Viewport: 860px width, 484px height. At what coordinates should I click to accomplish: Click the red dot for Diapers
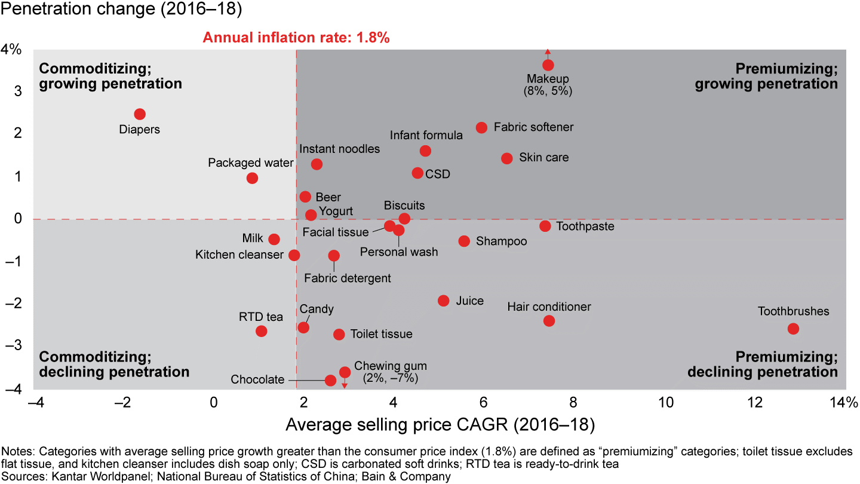tap(140, 114)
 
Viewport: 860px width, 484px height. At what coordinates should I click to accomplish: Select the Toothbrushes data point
tap(793, 329)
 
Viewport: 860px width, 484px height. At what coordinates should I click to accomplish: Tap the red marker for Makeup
tap(548, 65)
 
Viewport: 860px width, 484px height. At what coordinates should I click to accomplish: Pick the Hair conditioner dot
tap(549, 321)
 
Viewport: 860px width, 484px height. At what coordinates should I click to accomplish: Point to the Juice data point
tap(443, 301)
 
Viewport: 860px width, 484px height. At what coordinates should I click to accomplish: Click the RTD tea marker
tap(261, 331)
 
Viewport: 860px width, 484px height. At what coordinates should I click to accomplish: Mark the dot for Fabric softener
tap(481, 127)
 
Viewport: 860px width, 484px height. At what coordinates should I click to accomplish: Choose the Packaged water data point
tap(252, 178)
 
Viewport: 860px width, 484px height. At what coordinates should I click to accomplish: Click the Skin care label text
tap(543, 158)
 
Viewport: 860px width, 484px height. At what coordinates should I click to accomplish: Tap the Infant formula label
tap(426, 135)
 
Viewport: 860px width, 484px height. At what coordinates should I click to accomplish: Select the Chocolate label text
tap(257, 380)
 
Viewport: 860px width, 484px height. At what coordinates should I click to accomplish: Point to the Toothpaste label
tap(585, 226)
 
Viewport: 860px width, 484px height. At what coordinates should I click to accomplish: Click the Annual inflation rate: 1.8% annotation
tap(296, 38)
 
